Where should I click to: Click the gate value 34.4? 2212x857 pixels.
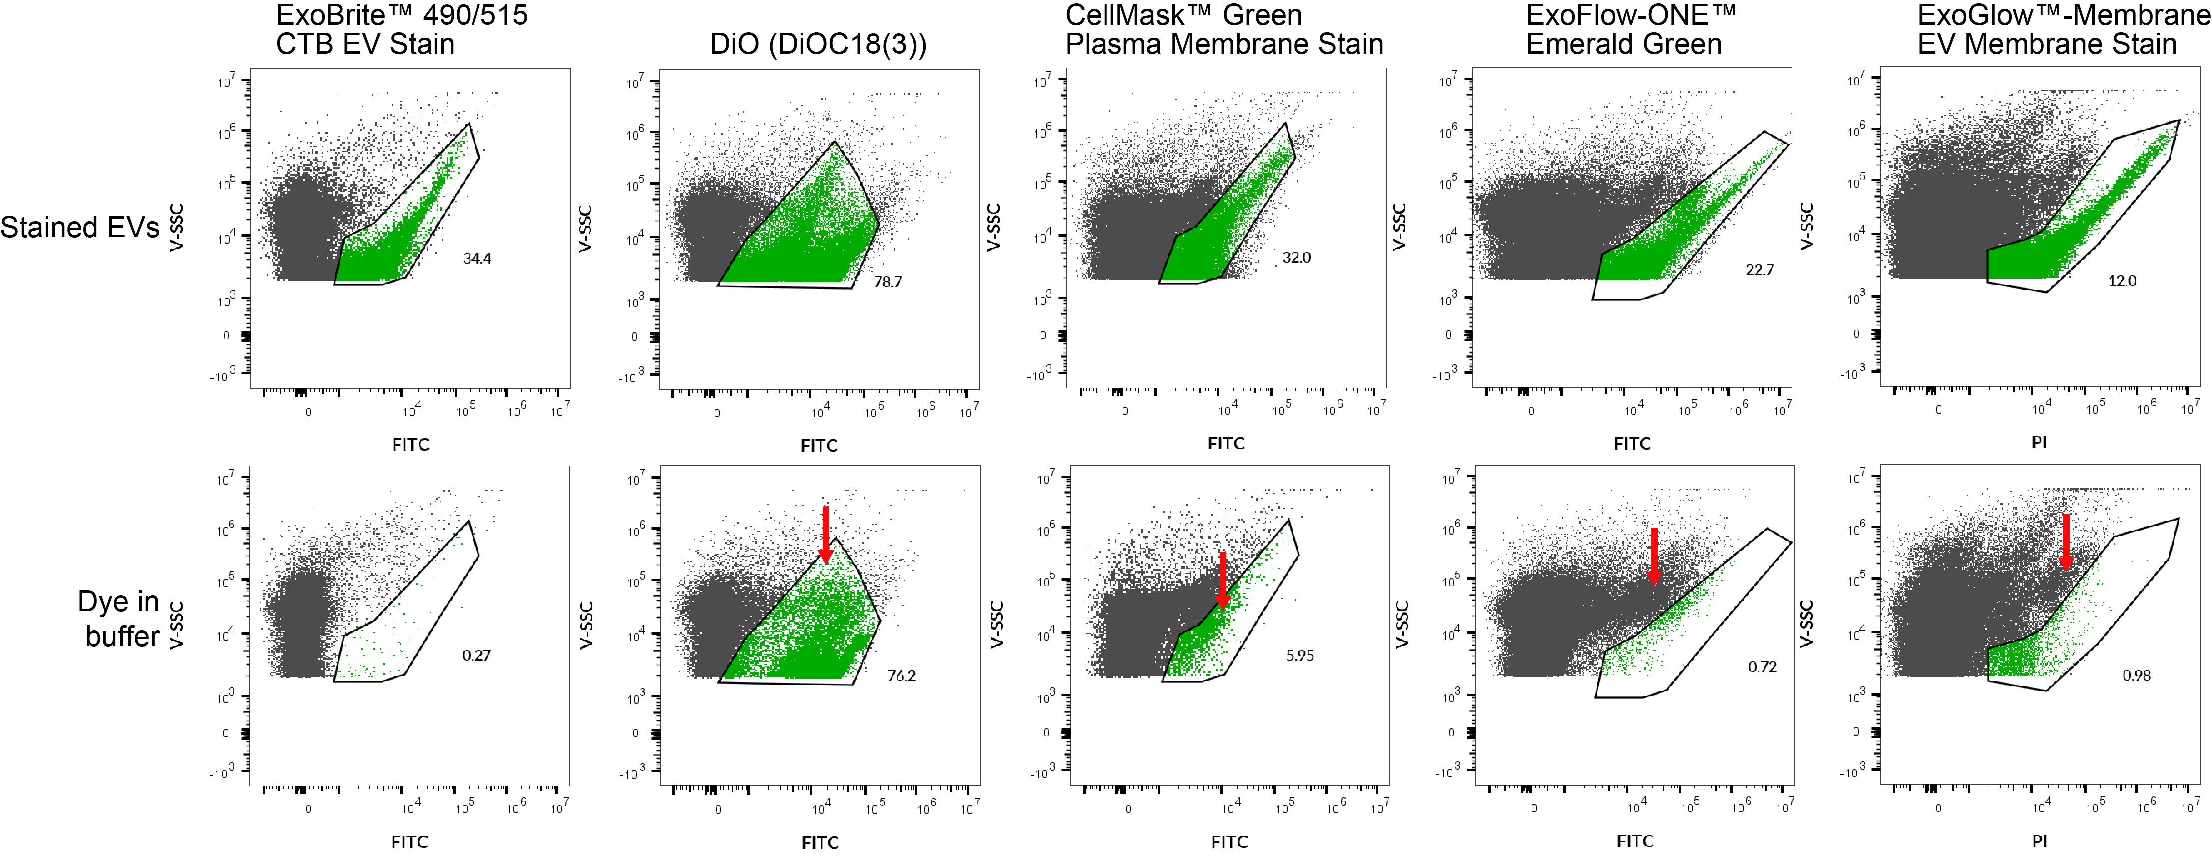coord(477,258)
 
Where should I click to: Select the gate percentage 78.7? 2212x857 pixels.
coord(887,282)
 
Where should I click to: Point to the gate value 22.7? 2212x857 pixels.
coord(1759,270)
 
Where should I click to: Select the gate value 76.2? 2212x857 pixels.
coord(901,676)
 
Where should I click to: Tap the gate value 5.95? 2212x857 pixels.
coord(1299,655)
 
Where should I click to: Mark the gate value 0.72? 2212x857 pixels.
coord(1762,666)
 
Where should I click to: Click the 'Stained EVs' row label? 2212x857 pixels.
coord(80,228)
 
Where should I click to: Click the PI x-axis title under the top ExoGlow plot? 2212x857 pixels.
coord(2039,442)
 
